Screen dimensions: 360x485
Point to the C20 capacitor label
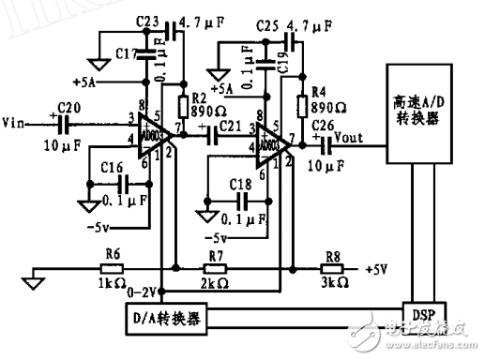[70, 107]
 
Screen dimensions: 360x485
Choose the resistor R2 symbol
[181, 104]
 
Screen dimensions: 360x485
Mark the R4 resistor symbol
[302, 104]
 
